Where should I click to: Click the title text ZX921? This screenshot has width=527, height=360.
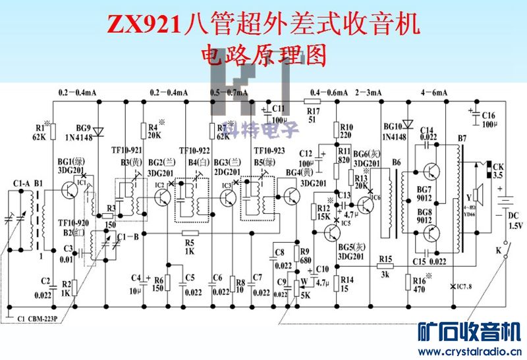146,25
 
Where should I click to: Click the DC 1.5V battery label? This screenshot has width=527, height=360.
514,220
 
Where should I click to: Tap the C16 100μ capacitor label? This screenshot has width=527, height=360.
488,119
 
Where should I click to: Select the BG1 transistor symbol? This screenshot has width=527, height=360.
68,191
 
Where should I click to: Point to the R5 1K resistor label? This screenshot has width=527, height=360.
190,246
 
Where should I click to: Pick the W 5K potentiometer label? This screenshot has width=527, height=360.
304,290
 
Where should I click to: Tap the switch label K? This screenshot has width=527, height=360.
498,251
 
